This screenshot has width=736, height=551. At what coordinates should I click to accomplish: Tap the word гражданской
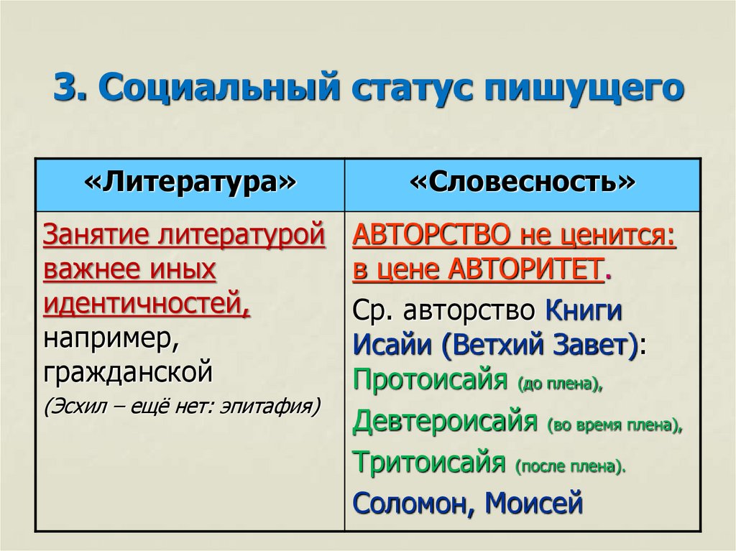pos(128,373)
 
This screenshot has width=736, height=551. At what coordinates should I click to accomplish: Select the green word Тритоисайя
pos(428,461)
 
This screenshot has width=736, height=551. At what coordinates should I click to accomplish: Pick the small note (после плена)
pos(571,466)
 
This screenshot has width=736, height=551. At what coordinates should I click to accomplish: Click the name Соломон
pos(409,502)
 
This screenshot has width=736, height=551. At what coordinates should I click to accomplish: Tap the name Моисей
pos(533,502)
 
